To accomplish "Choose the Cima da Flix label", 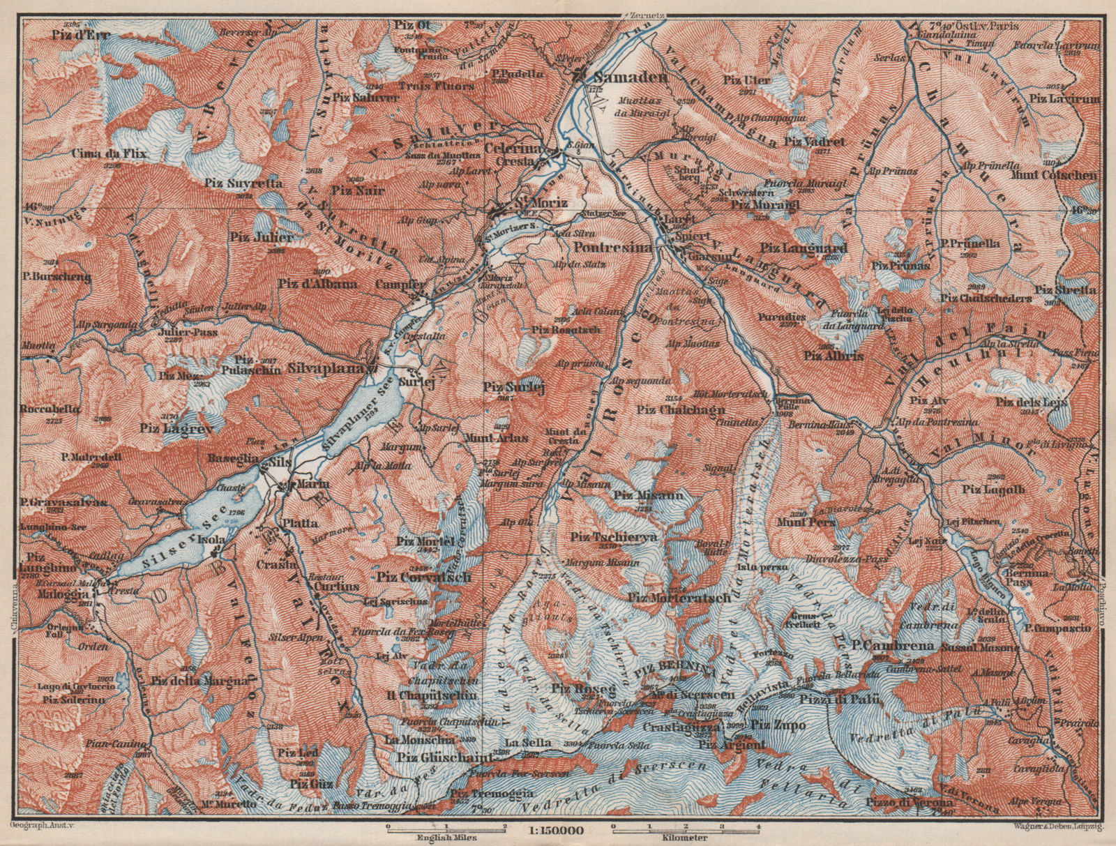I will tap(116, 153).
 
